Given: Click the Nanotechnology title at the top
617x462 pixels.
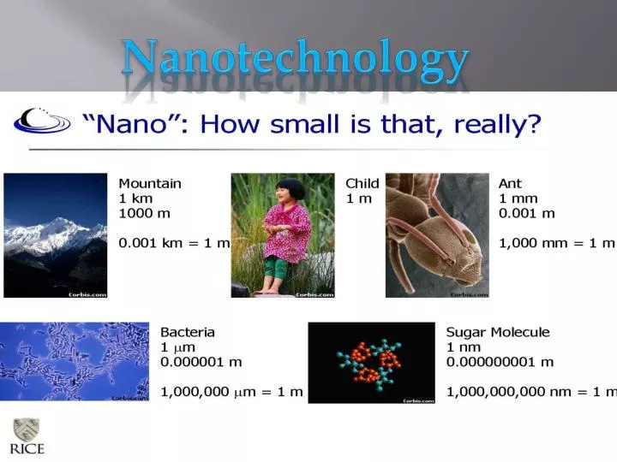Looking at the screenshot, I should click(296, 58).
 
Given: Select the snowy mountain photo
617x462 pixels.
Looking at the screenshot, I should click(56, 235).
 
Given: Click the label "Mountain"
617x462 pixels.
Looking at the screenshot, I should click(150, 183).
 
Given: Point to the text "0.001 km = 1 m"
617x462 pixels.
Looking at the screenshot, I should click(174, 243).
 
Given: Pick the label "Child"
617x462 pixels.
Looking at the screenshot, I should click(362, 183).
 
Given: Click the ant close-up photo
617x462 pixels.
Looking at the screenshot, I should click(437, 235).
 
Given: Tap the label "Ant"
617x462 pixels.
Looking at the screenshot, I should click(510, 183).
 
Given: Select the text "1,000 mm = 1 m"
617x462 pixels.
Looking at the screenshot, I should click(557, 243).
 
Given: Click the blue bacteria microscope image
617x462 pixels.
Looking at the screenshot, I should click(75, 361).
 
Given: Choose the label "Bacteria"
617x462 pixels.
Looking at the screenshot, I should click(188, 332).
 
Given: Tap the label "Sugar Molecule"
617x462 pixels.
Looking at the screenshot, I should click(498, 332).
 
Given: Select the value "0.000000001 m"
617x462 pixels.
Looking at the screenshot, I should click(500, 362).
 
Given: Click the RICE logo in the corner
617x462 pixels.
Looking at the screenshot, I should click(27, 436).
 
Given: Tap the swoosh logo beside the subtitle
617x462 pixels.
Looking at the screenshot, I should click(41, 121).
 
